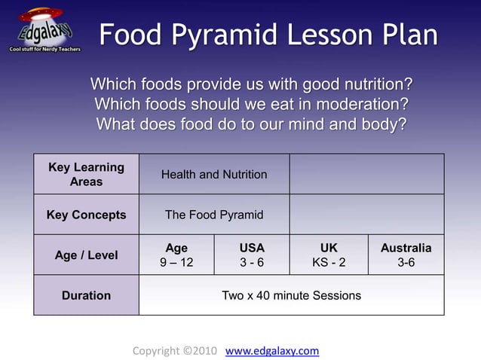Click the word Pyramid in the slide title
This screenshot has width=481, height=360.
pos(231,36)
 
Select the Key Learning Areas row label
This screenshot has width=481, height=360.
pos(86,174)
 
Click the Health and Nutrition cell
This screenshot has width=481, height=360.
pos(214,175)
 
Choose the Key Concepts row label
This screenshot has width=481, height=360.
pos(86,215)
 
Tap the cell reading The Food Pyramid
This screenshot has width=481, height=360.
pos(214,215)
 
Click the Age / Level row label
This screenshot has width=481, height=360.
pos(86,255)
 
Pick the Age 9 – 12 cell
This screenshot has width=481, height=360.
pos(176,255)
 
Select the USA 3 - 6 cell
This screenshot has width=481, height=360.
pos(252,255)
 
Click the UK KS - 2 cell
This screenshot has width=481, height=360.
pos(329,255)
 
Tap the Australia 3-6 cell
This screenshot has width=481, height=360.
pos(406,255)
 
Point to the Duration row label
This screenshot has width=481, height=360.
pos(86,295)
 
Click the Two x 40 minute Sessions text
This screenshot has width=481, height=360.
pos(291,295)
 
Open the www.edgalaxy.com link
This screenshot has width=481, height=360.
pos(272,351)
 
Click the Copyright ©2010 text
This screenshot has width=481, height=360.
pos(175,351)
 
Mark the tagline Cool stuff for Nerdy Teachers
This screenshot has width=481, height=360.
pos(45,48)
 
